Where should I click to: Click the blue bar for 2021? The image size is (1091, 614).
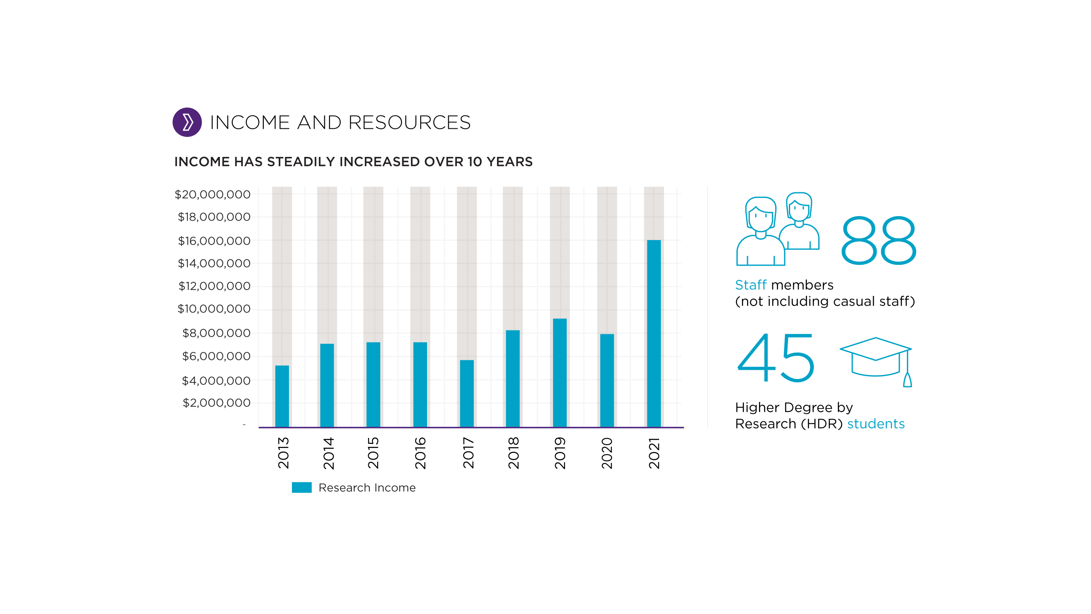654,333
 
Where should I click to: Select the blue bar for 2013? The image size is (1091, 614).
282,396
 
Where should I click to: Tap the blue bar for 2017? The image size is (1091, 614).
467,393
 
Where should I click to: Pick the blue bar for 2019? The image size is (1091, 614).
560,373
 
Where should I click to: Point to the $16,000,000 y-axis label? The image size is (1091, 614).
214,241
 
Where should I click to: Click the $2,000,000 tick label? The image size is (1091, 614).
216,403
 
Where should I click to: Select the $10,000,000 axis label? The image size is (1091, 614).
214,309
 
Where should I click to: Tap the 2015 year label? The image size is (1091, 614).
373,453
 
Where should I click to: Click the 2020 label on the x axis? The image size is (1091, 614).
607,453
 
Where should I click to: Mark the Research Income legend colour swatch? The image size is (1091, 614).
302,487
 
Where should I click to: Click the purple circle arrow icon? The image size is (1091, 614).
187,122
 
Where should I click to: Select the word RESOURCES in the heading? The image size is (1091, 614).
409,123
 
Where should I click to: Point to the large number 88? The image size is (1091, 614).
878,240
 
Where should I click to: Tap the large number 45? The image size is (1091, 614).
776,358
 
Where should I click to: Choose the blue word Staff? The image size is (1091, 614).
750,285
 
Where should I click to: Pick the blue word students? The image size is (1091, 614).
876,424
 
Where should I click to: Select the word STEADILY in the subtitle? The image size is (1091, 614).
301,162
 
